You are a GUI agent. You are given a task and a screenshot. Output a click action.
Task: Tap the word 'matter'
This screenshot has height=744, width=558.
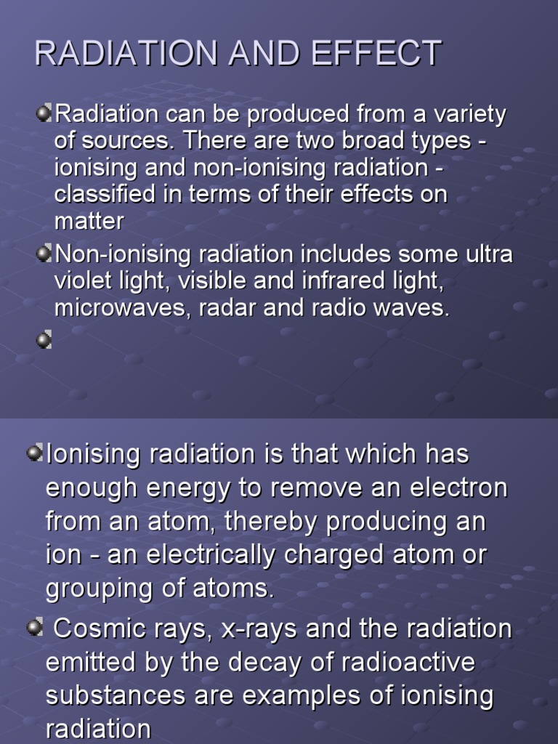(x=89, y=221)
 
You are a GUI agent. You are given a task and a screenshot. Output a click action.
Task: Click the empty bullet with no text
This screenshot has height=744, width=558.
(x=44, y=339)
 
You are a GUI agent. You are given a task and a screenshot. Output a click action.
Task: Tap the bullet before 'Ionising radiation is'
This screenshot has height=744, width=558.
(x=34, y=453)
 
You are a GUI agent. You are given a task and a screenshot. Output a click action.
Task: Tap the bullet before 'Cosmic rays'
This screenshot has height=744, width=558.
(x=34, y=628)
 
